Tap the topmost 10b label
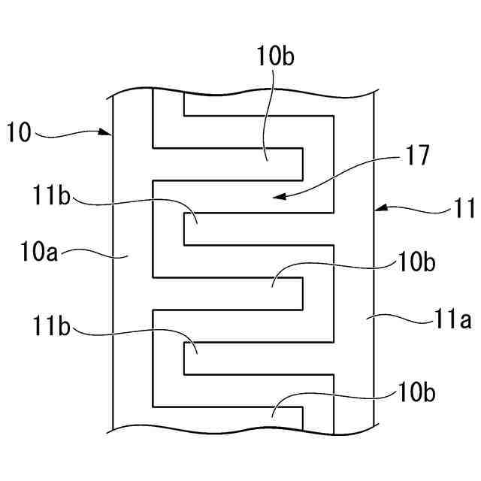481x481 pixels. click(271, 56)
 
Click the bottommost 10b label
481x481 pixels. click(416, 392)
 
